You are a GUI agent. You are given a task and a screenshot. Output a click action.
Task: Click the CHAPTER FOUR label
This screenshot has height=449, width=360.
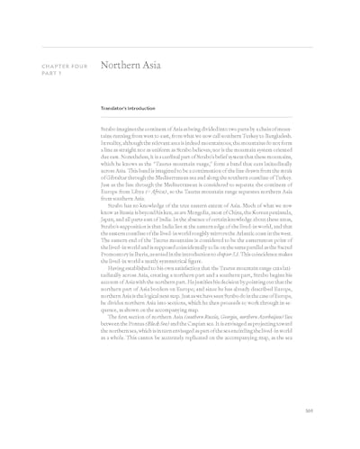(58, 66)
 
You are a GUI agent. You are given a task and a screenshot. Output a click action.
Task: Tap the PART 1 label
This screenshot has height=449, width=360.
(48, 73)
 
